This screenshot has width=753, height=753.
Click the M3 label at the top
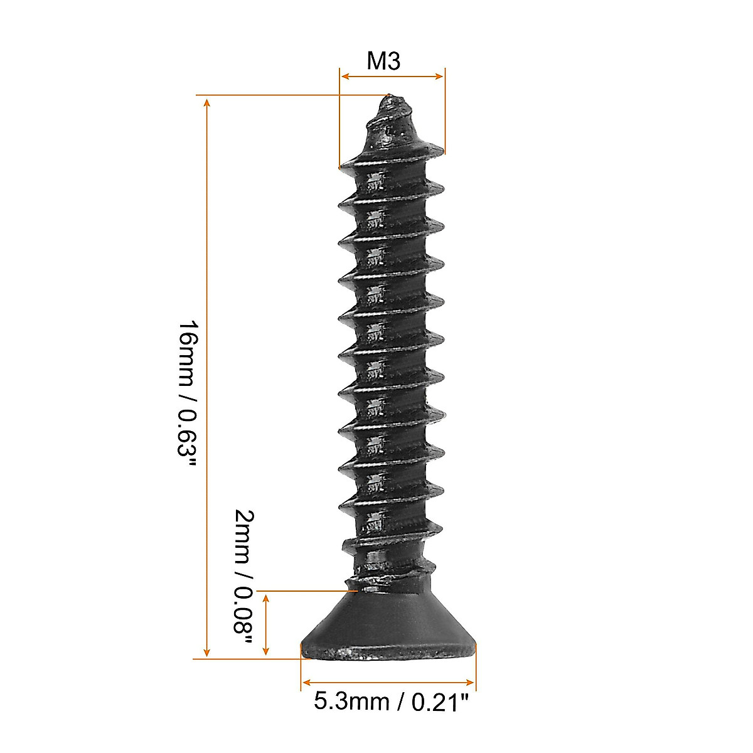tap(383, 61)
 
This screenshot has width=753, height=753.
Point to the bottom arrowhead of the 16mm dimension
tap(208, 652)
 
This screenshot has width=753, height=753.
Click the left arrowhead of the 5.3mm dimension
tap(307, 682)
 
